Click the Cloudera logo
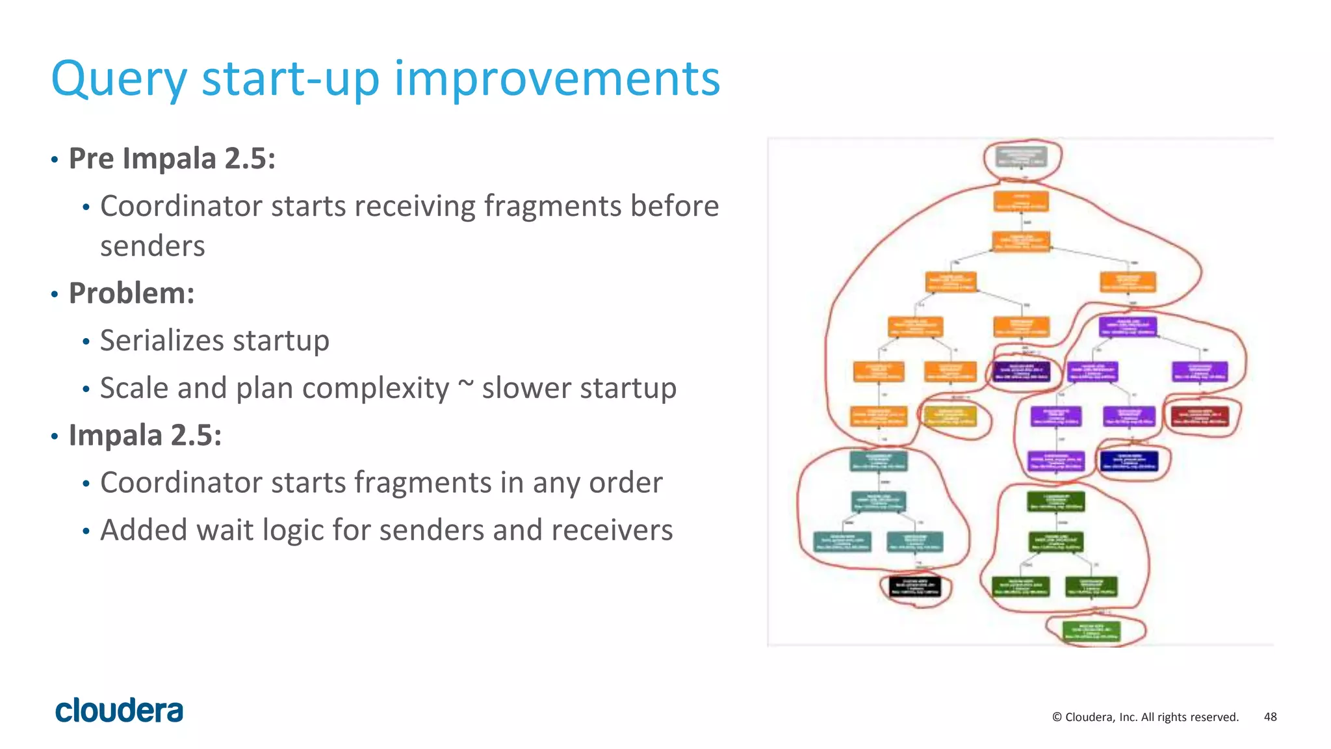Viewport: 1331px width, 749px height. coord(119,710)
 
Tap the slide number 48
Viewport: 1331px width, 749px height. coord(1270,716)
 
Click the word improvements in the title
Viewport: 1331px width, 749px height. coord(557,79)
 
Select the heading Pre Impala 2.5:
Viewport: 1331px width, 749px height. coord(172,159)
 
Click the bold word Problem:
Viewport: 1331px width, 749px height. coord(132,293)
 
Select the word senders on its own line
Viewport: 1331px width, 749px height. coord(153,246)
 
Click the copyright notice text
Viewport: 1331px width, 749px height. coord(1145,716)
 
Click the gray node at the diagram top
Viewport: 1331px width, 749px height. coord(1022,157)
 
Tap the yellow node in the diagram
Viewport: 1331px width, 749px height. coord(950,417)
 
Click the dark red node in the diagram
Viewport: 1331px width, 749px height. coord(1200,417)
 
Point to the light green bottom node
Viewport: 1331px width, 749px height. coord(1091,631)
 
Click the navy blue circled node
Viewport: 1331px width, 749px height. coord(1129,461)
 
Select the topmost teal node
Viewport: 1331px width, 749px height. coord(879,461)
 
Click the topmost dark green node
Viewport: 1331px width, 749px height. coord(1055,501)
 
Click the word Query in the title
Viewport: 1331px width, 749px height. coord(119,79)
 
